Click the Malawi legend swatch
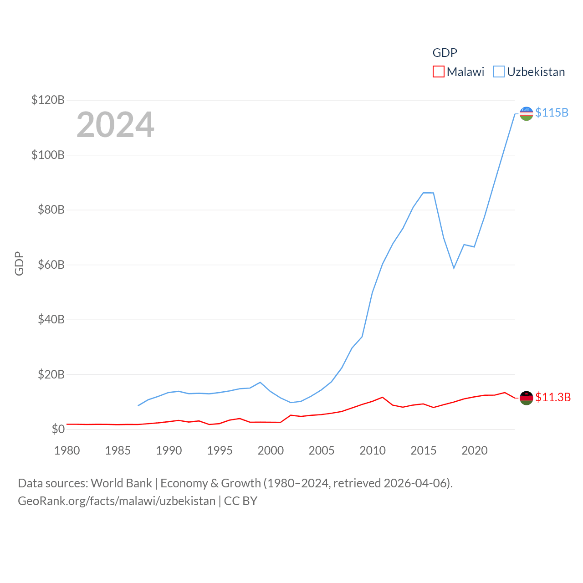(x=438, y=72)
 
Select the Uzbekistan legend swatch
(x=499, y=72)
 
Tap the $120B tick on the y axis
(x=48, y=100)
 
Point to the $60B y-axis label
(x=51, y=265)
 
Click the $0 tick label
(x=58, y=429)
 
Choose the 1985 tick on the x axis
(x=118, y=450)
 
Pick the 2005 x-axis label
(x=322, y=450)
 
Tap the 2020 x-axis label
(x=474, y=450)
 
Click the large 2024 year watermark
(x=115, y=125)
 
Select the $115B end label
(x=552, y=113)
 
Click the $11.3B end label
(x=553, y=397)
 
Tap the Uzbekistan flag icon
(x=526, y=113)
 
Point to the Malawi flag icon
(x=526, y=398)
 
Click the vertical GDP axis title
(x=19, y=263)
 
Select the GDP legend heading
(x=445, y=53)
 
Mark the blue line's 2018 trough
(x=454, y=268)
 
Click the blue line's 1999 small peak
(x=260, y=382)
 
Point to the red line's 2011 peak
(x=383, y=397)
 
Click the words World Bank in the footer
(x=121, y=483)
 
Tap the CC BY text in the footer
(x=240, y=501)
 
